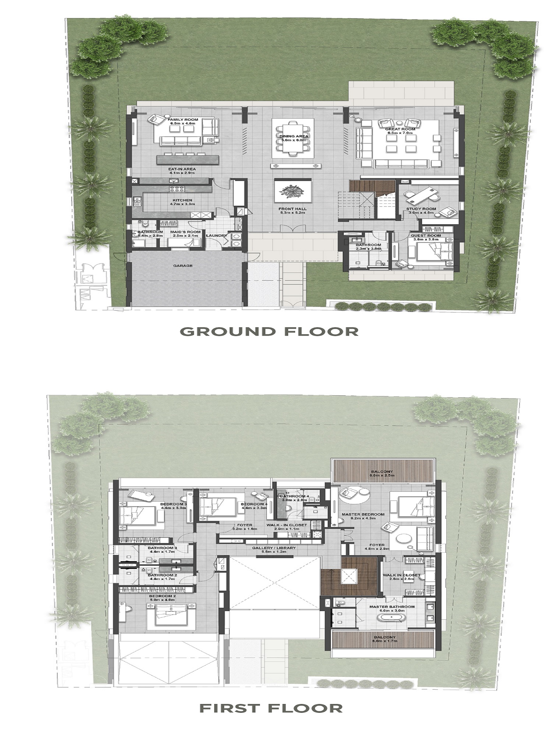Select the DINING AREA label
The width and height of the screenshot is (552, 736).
(x=293, y=136)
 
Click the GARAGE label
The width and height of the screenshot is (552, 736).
(x=183, y=266)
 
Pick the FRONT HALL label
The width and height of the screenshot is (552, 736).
(x=293, y=209)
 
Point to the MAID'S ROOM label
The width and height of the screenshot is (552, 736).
(x=185, y=232)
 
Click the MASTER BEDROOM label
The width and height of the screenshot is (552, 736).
(x=363, y=514)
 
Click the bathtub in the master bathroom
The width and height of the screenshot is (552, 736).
(x=391, y=616)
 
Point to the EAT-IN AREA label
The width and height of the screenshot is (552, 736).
(x=183, y=169)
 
